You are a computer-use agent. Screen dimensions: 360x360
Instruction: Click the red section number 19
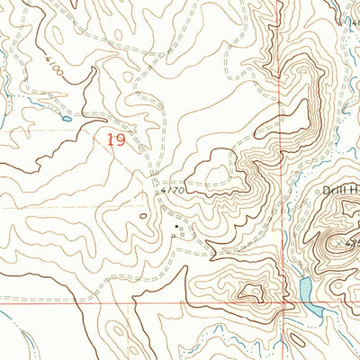click(114, 139)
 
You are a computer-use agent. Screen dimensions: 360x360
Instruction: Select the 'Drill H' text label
click(341, 191)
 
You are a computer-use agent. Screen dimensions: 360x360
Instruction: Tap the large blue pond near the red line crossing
click(305, 290)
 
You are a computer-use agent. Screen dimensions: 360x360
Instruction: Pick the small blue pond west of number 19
click(66, 117)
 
